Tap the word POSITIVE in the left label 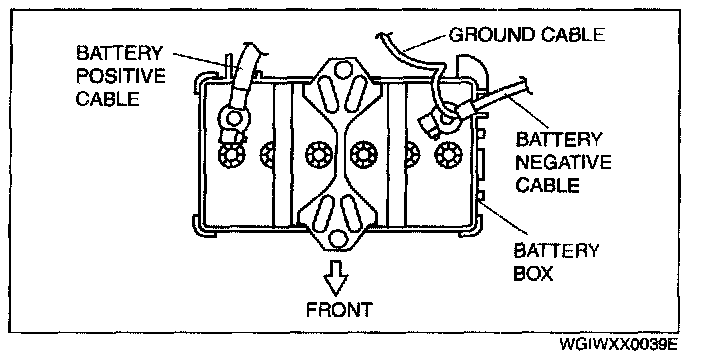click(120, 75)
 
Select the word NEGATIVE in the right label click(563, 162)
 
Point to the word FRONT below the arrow click(339, 310)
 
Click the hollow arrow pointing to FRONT click(336, 278)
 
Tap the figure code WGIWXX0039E click(618, 344)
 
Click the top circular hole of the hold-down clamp click(343, 70)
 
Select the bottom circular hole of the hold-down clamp click(338, 239)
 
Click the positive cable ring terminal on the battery click(233, 120)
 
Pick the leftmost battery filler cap click(232, 155)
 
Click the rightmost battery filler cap click(448, 155)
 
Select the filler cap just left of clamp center click(319, 155)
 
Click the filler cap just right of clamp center click(363, 154)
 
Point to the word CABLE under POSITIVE click(107, 98)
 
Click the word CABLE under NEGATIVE click(546, 184)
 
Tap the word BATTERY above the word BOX click(556, 250)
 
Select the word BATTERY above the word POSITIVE click(119, 53)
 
